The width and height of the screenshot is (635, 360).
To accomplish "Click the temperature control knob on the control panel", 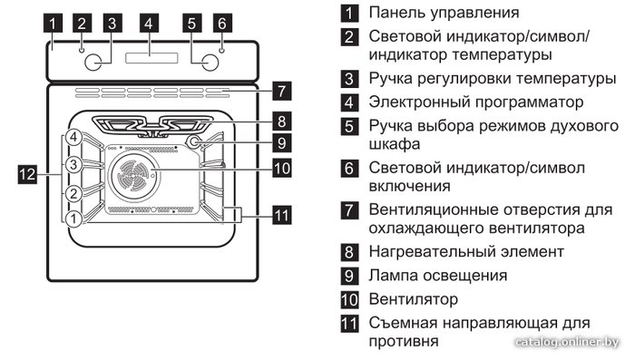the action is coord(93,62).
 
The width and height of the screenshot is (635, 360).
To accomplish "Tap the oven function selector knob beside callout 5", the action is coord(210,62).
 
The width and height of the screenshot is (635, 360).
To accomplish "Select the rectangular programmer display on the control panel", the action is coord(151,58).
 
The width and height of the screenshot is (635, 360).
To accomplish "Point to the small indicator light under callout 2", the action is coord(82,50).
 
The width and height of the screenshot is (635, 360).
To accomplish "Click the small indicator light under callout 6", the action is coord(221,50).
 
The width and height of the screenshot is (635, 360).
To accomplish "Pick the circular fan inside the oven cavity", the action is coord(133,176).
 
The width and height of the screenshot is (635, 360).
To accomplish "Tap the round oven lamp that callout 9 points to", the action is coord(194,141).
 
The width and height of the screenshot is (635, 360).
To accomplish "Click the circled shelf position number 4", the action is coord(73,137).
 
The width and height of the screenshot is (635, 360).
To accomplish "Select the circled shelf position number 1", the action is coord(73,219).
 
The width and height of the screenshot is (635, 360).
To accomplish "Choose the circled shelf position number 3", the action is coord(73,165).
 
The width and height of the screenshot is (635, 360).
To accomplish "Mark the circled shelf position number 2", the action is coord(73,193).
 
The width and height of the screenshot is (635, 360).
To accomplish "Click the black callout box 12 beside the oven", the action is coord(27,174).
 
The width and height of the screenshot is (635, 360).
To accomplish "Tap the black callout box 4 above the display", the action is coord(149,23).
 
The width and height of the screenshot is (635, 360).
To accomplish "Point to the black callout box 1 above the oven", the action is coord(53,23).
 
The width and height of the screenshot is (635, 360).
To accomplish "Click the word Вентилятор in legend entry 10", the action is coord(413,299).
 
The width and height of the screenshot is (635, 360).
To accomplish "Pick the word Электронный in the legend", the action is coord(419,102).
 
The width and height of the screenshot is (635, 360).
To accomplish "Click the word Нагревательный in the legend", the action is coord(432,252).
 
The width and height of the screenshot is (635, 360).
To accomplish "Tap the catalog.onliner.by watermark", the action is coord(567,342).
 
